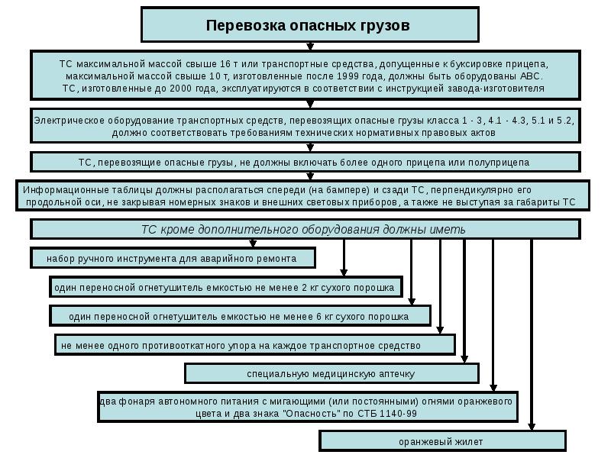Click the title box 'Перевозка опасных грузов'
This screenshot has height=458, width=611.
(x=309, y=25)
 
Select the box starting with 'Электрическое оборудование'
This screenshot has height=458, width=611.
(x=304, y=127)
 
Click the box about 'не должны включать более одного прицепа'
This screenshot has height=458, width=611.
(x=304, y=163)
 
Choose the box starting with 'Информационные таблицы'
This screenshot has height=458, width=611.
(x=303, y=195)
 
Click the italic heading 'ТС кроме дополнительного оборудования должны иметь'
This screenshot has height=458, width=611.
(x=304, y=229)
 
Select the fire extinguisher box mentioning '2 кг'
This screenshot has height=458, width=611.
(x=224, y=287)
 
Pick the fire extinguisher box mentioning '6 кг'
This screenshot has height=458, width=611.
(x=239, y=316)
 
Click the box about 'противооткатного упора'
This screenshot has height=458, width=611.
(x=254, y=345)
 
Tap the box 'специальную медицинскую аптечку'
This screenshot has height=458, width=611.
(x=331, y=374)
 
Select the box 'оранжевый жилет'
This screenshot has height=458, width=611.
(x=441, y=441)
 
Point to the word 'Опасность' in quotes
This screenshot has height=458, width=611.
(x=306, y=414)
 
